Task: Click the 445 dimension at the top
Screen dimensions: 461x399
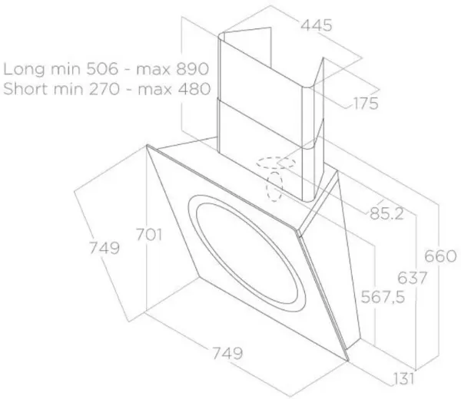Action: click(317, 25)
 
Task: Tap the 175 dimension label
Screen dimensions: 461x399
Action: click(366, 104)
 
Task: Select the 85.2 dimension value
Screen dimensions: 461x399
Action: click(386, 214)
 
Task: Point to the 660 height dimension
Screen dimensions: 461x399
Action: click(440, 256)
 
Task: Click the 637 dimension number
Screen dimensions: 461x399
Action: click(412, 278)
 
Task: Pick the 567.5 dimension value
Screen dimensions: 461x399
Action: click(383, 297)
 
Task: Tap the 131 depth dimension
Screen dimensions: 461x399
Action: click(403, 379)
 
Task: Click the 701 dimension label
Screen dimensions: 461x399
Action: click(149, 235)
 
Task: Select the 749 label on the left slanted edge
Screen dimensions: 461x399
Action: click(104, 248)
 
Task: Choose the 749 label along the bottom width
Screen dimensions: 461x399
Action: click(227, 353)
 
